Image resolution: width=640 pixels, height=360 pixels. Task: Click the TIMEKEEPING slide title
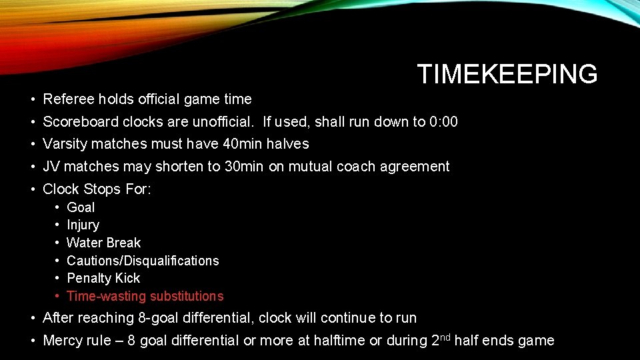tap(507, 74)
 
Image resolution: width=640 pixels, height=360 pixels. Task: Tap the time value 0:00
tap(444, 122)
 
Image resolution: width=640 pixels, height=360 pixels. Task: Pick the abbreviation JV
tap(51, 167)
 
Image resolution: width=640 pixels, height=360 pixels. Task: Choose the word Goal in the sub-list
tap(81, 207)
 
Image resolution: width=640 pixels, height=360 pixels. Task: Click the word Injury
tap(83, 225)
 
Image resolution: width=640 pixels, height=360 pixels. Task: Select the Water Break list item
tap(103, 243)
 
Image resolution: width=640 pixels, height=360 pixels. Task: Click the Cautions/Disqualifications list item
tap(143, 261)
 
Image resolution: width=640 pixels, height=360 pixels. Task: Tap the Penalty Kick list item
tap(103, 278)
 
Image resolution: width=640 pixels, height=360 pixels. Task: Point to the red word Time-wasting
tap(106, 296)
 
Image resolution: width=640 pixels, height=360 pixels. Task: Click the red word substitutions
tap(186, 296)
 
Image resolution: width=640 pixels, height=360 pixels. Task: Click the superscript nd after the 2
tap(445, 337)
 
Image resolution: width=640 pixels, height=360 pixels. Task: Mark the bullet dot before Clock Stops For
tap(33, 189)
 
